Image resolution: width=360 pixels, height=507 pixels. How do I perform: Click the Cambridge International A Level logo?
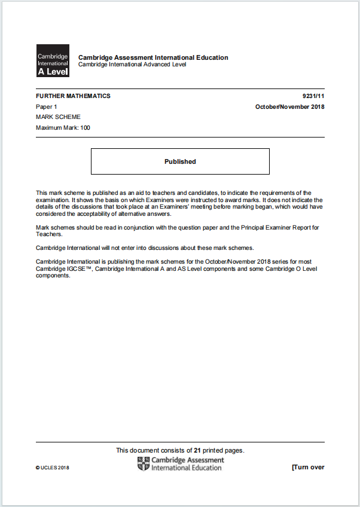[x=53, y=60]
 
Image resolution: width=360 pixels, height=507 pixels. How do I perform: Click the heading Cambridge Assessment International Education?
[x=153, y=57]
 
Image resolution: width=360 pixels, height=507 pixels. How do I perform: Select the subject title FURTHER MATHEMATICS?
[x=73, y=96]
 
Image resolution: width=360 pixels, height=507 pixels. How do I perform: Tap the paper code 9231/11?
[x=313, y=96]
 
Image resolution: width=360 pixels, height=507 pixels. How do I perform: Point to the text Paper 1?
[x=46, y=106]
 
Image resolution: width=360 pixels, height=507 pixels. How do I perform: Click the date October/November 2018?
[x=289, y=106]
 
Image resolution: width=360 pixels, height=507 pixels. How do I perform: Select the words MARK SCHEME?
[x=58, y=117]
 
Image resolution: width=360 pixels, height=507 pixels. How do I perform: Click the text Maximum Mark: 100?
[x=63, y=127]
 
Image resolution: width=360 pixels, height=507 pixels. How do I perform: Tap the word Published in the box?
[x=180, y=161]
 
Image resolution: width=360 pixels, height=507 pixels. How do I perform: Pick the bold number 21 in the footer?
[x=197, y=450]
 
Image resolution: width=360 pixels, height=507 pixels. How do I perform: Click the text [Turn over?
[x=307, y=467]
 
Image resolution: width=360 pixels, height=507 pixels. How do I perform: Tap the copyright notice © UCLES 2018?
[x=53, y=468]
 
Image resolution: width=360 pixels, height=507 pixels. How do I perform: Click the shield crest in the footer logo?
[x=144, y=464]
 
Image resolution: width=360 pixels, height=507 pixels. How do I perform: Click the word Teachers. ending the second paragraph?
[x=49, y=234]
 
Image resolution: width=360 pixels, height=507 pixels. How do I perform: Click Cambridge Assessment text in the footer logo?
[x=188, y=460]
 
